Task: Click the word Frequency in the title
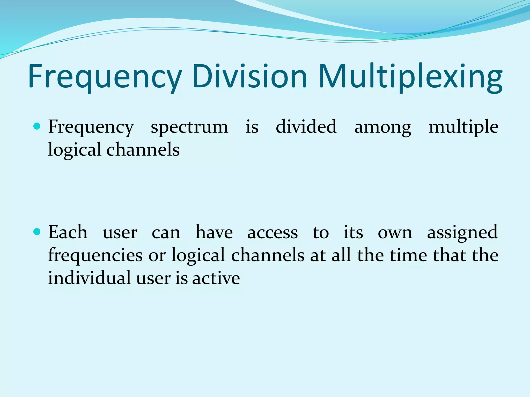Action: click(105, 77)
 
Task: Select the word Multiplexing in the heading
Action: click(410, 77)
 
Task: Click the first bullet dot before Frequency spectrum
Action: click(37, 126)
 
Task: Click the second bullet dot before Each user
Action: click(37, 232)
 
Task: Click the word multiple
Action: click(463, 127)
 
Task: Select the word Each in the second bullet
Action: click(68, 232)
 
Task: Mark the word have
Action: click(214, 232)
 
